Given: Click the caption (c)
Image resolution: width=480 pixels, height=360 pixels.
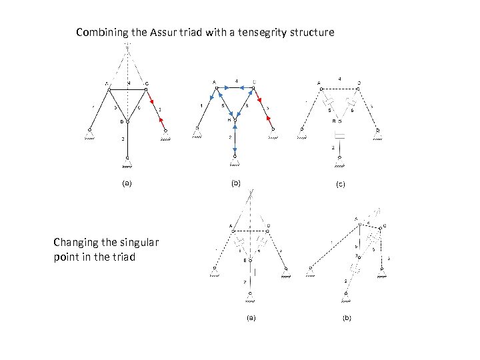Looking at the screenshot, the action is [x=340, y=183].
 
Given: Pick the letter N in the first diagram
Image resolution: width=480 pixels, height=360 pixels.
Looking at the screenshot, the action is [x=129, y=83].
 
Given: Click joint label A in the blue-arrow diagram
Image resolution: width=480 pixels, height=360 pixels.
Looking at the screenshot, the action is [x=214, y=82].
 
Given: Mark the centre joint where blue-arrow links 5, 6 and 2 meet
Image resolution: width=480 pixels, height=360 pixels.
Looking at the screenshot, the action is [x=235, y=121].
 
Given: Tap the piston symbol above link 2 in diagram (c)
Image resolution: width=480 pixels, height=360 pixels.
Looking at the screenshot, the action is [x=339, y=136].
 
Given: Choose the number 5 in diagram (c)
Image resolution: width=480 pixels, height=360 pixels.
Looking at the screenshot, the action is [x=329, y=110].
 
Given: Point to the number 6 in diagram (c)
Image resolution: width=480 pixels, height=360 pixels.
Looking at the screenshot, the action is [x=353, y=110].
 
